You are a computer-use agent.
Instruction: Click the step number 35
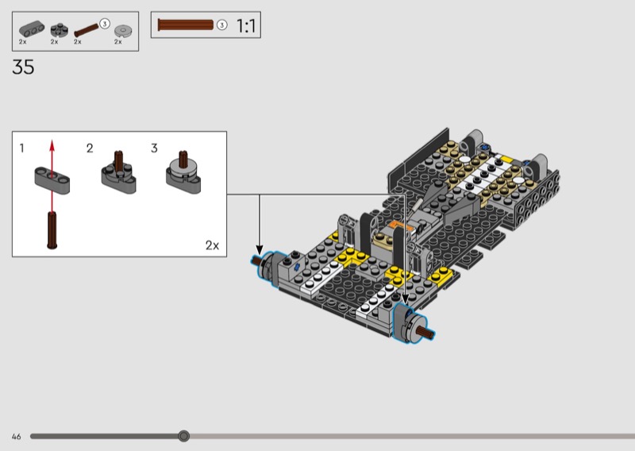[x=23, y=67]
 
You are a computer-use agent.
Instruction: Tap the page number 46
[x=16, y=437]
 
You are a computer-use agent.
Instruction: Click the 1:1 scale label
[x=246, y=26]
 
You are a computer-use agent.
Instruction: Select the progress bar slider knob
[x=184, y=436]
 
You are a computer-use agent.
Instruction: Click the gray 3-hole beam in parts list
[x=32, y=29]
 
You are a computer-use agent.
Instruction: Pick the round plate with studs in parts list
[x=59, y=29]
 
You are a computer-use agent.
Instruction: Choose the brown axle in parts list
[x=87, y=30]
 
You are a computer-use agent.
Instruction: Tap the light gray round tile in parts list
[x=123, y=30]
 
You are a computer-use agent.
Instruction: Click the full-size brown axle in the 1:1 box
[x=186, y=25]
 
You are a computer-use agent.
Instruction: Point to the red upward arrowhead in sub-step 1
[x=52, y=145]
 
